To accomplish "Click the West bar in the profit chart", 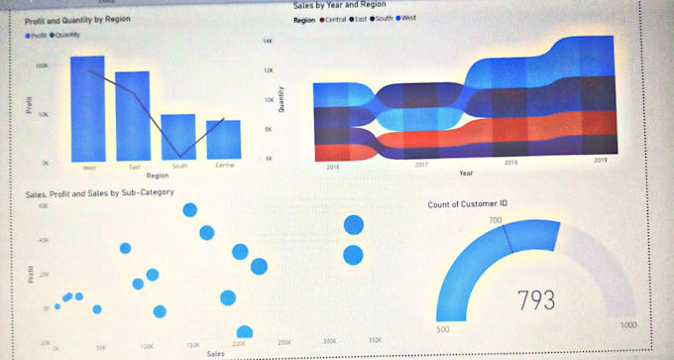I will pos(87,109).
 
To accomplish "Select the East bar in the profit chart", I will pos(132,116).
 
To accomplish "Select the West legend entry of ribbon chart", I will pos(405,19).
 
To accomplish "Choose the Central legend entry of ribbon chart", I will pos(332,19).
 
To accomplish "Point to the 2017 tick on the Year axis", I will pos(421,165).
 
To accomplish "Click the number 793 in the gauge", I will pos(536,300).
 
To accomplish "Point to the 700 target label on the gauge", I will pos(496,220).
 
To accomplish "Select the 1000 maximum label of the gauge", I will pos(627,325).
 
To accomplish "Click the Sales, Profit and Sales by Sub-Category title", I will pos(98,192).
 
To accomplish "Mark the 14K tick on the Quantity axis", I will pos(267,41).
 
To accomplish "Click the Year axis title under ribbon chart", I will pos(466,174).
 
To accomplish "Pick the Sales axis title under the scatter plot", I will pos(215,353).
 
